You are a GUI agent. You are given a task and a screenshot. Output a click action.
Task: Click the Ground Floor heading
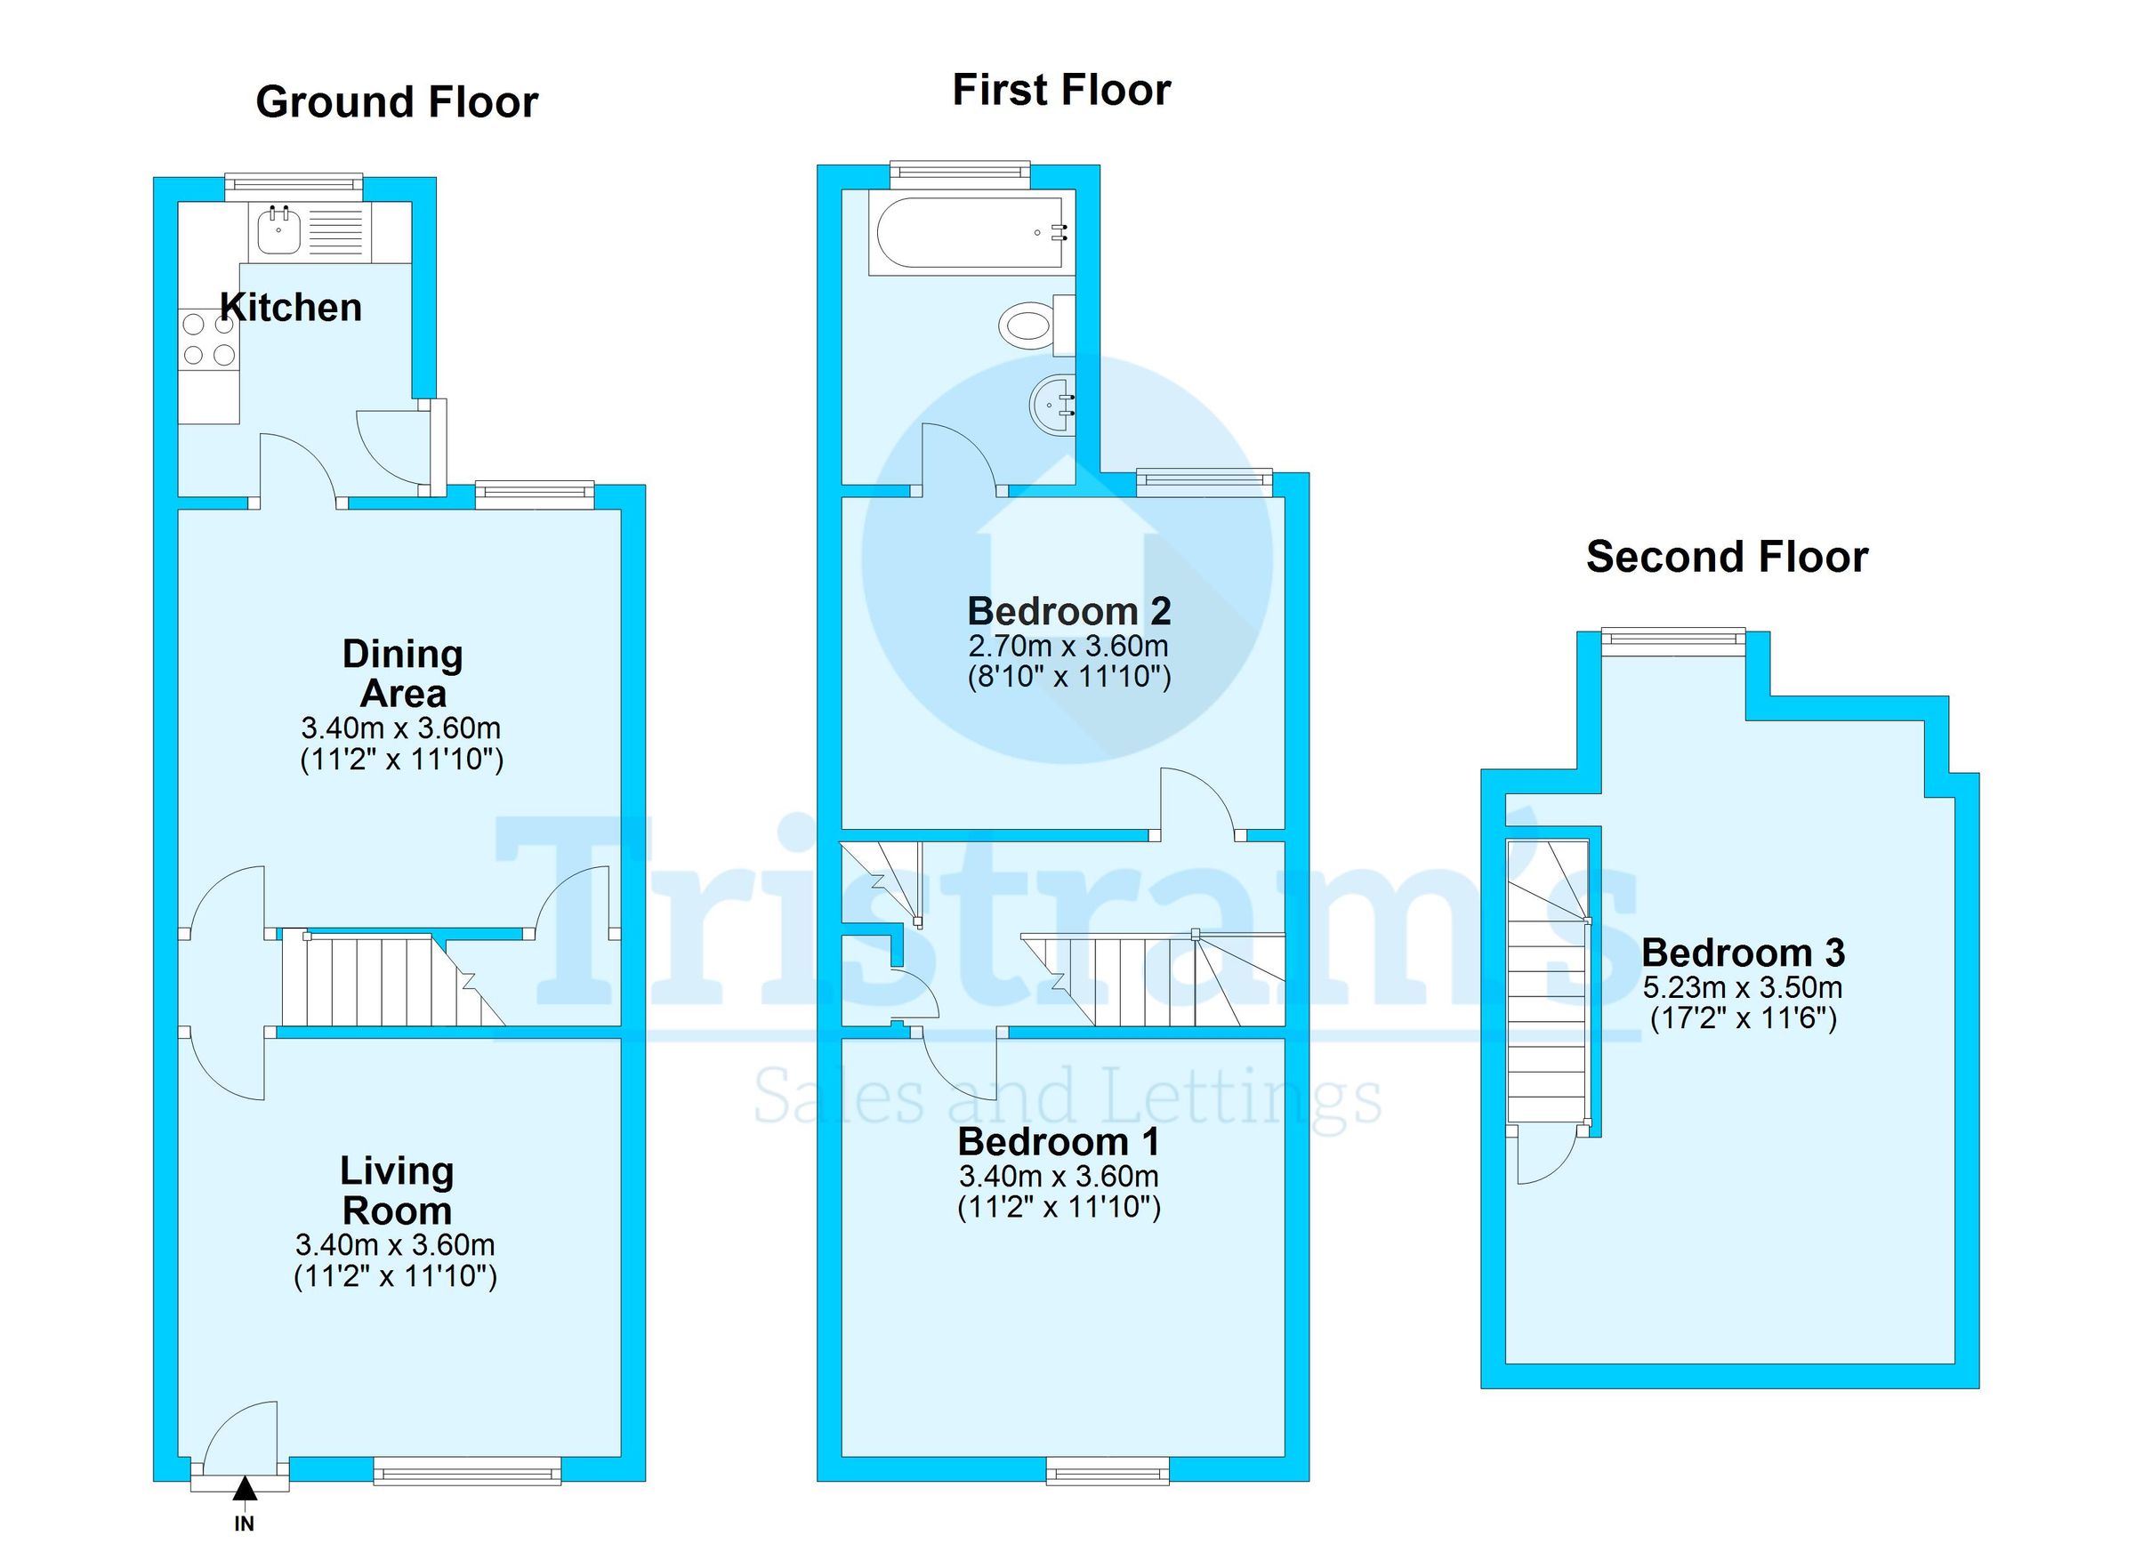tap(397, 101)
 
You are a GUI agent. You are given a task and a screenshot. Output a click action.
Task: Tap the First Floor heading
tap(1061, 91)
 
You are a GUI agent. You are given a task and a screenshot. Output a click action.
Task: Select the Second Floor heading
tap(1727, 556)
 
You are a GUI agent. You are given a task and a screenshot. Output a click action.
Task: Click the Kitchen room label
tap(291, 308)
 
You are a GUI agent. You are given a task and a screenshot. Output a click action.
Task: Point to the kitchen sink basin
tap(278, 231)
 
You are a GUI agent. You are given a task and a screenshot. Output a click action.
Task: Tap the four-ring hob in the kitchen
tap(209, 340)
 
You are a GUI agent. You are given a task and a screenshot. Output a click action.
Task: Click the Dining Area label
tap(402, 674)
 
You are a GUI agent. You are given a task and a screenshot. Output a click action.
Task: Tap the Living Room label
tap(397, 1191)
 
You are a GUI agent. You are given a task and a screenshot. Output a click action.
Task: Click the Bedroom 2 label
tap(1069, 612)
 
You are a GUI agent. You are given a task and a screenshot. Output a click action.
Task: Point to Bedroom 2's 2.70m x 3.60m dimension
tap(1068, 647)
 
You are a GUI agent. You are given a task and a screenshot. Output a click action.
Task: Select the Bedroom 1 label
tap(1058, 1143)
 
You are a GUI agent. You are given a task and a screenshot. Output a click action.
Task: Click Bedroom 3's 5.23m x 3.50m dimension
tap(1743, 988)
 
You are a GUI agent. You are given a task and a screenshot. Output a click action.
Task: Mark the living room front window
tap(467, 1471)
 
